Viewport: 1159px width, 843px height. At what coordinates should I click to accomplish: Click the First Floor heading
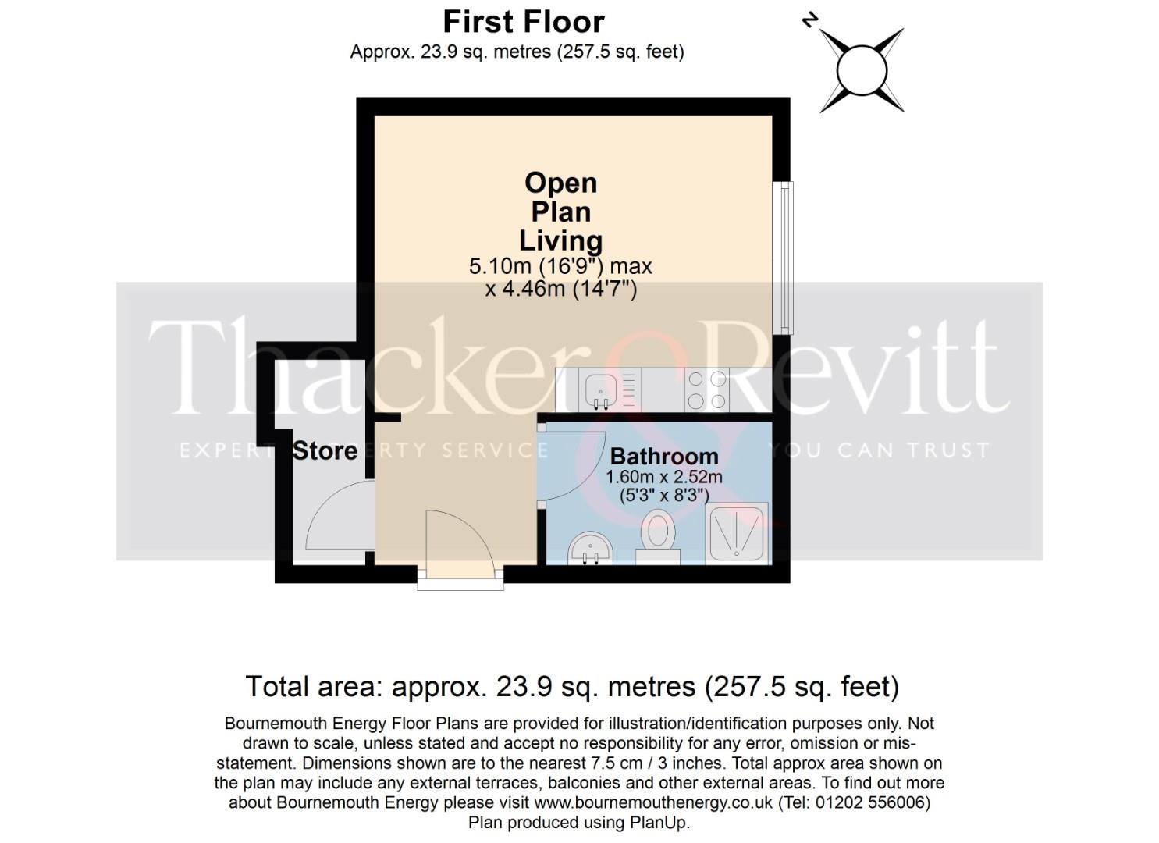click(523, 22)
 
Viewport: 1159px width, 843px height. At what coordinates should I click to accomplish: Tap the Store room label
click(325, 450)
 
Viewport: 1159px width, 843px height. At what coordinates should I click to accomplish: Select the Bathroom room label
click(664, 456)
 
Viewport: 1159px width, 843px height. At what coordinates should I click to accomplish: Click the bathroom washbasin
click(592, 549)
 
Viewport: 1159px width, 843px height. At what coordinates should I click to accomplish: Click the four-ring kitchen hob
click(706, 389)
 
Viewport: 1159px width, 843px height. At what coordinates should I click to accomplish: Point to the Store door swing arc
click(336, 515)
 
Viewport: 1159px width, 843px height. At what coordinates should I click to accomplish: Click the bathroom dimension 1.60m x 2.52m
click(664, 476)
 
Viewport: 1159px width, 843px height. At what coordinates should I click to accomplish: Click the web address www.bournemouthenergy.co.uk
click(653, 802)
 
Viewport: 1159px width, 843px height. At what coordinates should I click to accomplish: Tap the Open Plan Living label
click(561, 212)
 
